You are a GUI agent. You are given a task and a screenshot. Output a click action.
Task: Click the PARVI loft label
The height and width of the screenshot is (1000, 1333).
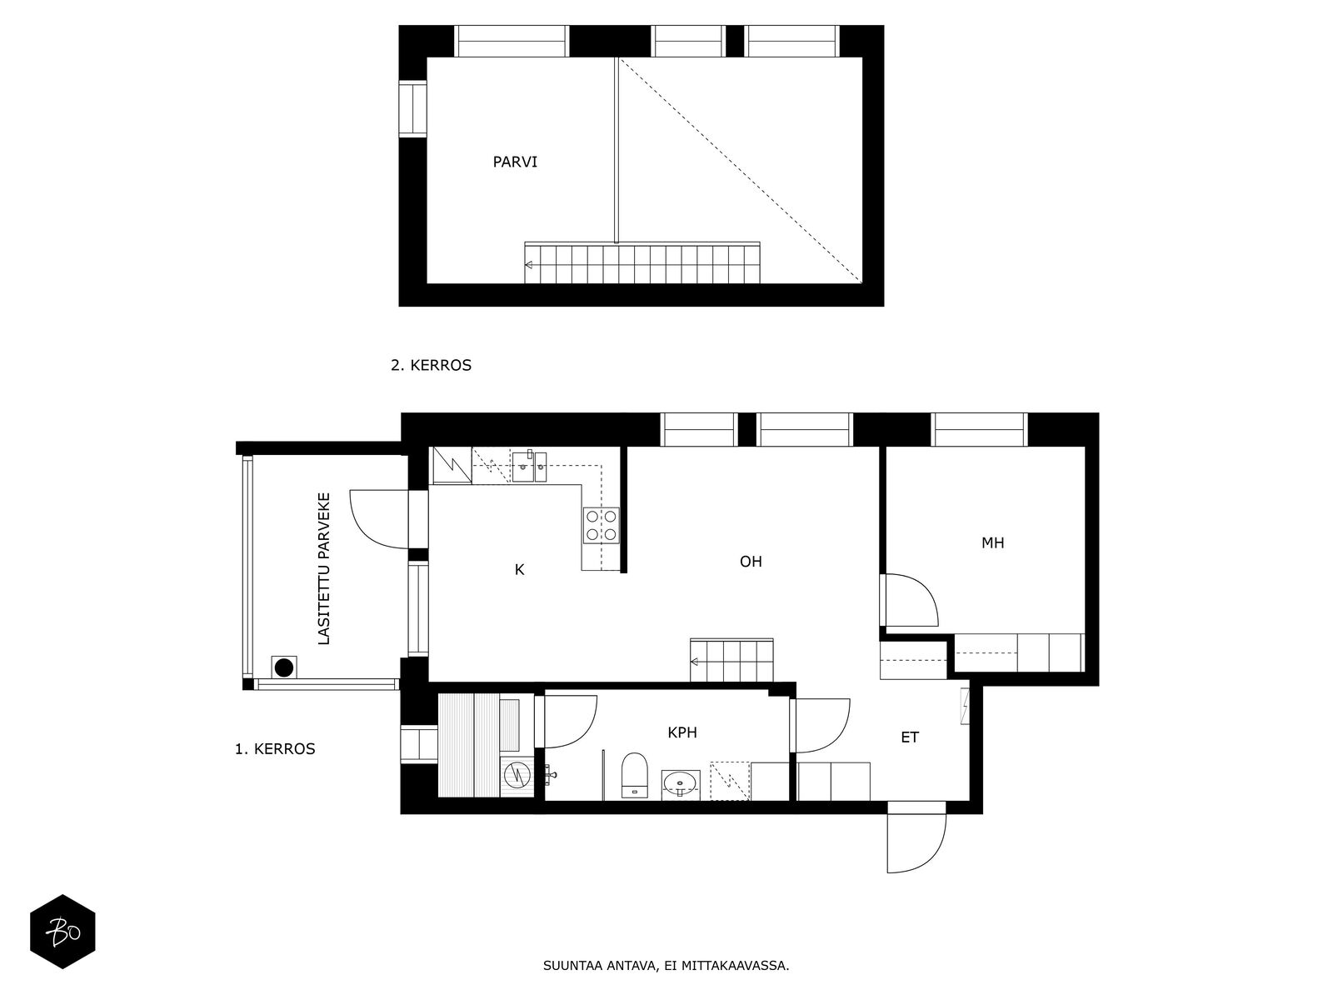pyautogui.click(x=514, y=162)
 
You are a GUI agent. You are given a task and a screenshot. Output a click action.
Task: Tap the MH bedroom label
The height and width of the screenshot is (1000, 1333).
pyautogui.click(x=992, y=542)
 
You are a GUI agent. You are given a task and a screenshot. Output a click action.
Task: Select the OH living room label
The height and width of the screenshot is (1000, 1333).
pyautogui.click(x=751, y=562)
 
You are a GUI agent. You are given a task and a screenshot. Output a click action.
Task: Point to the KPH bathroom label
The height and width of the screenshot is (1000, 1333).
pyautogui.click(x=682, y=732)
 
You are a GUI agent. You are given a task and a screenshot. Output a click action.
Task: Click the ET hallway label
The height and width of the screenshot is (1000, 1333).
pyautogui.click(x=910, y=737)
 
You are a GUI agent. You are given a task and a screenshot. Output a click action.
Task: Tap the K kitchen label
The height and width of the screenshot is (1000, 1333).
pyautogui.click(x=519, y=569)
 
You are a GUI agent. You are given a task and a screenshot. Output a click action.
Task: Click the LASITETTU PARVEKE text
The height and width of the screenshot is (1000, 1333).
pyautogui.click(x=324, y=568)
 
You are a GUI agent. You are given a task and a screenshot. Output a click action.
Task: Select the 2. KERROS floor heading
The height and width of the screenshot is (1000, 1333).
pyautogui.click(x=432, y=366)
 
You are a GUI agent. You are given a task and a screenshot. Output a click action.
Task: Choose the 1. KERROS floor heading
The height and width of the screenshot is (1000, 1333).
pyautogui.click(x=275, y=749)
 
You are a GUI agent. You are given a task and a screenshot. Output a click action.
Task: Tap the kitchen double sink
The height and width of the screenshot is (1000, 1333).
pyautogui.click(x=530, y=467)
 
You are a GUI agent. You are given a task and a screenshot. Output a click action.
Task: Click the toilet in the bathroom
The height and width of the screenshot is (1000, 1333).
pyautogui.click(x=635, y=775)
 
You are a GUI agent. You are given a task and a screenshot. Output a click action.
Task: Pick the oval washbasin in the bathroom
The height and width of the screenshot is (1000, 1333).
pyautogui.click(x=681, y=784)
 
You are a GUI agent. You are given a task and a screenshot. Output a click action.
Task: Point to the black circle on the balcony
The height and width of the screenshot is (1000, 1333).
pyautogui.click(x=283, y=667)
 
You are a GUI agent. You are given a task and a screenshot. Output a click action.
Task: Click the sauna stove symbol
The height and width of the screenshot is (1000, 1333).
pyautogui.click(x=517, y=774)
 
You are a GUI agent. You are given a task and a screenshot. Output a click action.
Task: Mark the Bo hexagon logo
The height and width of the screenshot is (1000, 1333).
pyautogui.click(x=62, y=932)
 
